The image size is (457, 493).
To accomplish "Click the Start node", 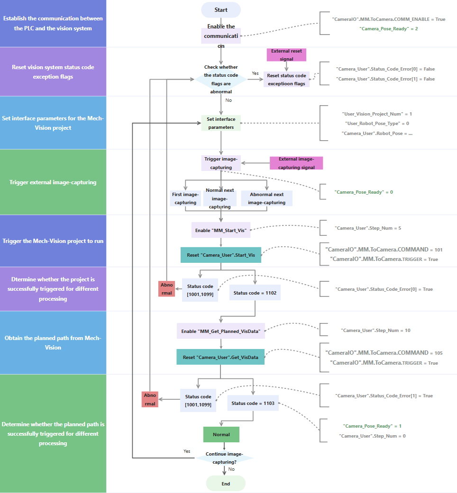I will (221, 10).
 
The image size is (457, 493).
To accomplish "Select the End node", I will (226, 484).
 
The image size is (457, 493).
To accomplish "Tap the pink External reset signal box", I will (286, 54).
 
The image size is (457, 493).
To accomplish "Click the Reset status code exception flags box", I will (286, 79).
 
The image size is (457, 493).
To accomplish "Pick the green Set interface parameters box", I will (221, 123).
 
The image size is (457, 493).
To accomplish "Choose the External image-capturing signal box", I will (296, 163).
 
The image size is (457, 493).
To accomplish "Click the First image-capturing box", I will (184, 198).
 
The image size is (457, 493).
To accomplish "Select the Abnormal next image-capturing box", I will (266, 198).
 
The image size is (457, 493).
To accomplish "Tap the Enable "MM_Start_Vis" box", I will (221, 231).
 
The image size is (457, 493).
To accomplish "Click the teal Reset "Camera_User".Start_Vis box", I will (221, 255).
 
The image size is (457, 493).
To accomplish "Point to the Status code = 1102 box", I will (255, 293).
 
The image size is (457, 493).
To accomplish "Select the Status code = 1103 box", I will (252, 403).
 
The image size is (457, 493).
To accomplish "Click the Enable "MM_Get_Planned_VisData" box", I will (221, 331).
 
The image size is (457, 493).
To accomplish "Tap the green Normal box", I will (221, 434).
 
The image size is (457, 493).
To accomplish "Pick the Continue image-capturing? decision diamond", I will (225, 457).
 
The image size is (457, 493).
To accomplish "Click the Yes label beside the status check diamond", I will (255, 73).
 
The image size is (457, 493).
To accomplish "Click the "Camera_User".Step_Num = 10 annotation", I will (375, 330).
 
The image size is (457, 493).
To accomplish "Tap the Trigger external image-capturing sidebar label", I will (53, 182).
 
